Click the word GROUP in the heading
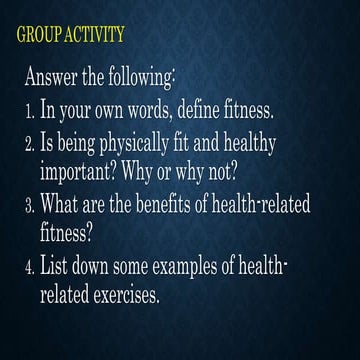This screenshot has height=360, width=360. [x=40, y=37]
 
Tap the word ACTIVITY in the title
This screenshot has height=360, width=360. [x=95, y=37]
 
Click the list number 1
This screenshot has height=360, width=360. [x=29, y=109]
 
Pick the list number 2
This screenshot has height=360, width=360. [x=29, y=141]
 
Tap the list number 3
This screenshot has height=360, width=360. [x=29, y=205]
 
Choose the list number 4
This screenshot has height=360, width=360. [x=29, y=267]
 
